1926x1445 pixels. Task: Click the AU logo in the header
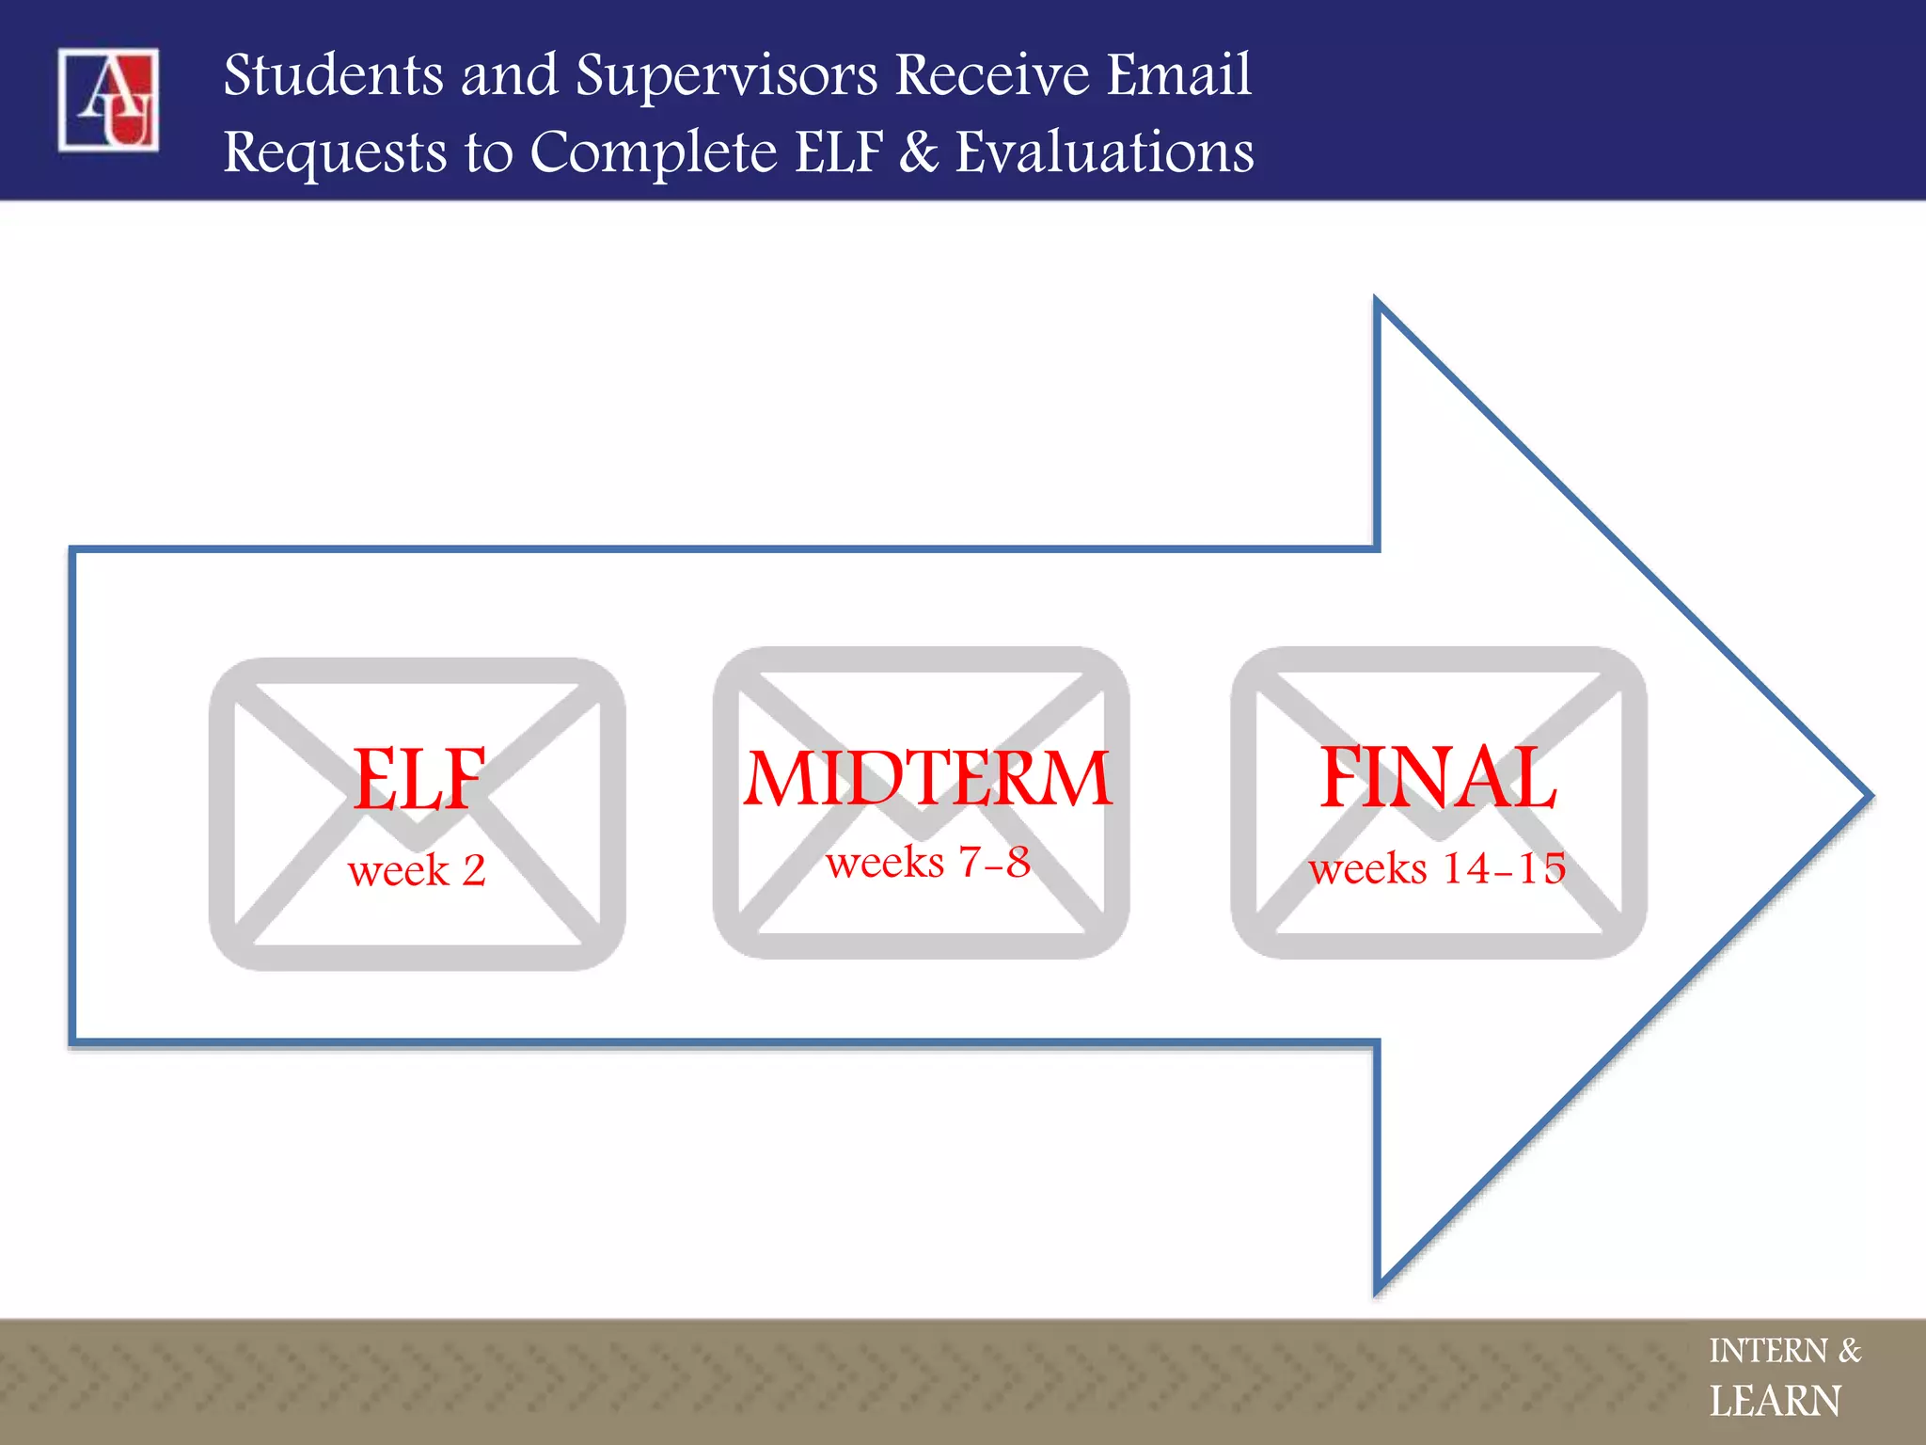pos(108,99)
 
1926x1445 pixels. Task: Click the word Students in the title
pos(333,75)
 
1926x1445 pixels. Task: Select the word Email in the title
pos(1178,75)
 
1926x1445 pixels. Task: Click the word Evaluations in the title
pos(1104,152)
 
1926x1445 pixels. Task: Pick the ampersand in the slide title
pos(919,152)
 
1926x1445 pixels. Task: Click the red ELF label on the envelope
pos(418,779)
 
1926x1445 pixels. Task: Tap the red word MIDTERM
pos(927,779)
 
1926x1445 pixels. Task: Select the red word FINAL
pos(1438,777)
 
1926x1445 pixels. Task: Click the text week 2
pos(417,870)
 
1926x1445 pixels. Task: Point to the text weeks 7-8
pos(927,863)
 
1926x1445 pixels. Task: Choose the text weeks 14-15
pos(1437,868)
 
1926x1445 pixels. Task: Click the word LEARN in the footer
pos(1775,1402)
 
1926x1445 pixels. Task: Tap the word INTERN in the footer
pos(1767,1351)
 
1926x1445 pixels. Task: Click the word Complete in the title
pos(654,152)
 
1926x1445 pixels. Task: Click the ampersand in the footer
pos(1850,1351)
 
